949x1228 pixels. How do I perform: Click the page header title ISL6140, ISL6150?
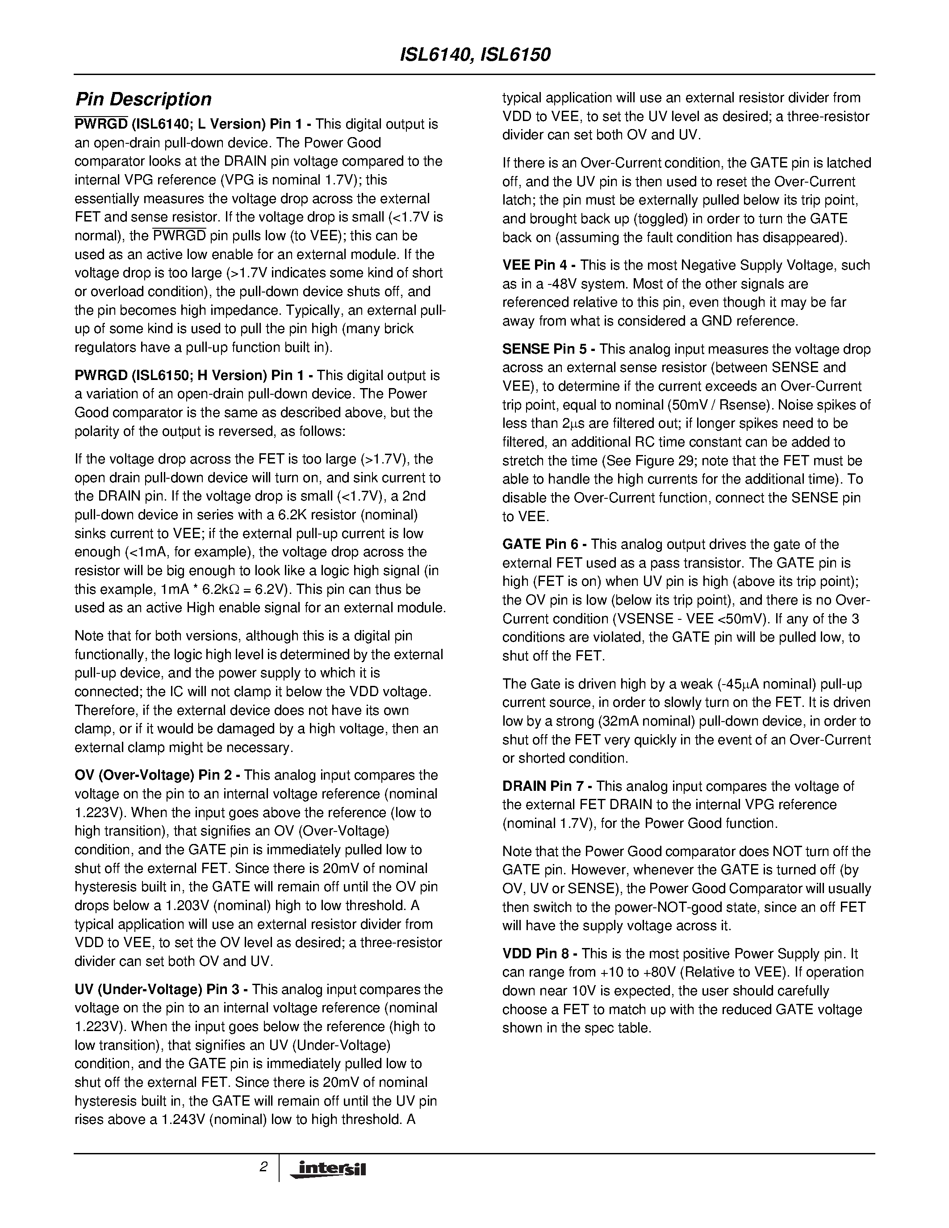click(x=474, y=54)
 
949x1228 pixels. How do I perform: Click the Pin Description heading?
click(x=143, y=100)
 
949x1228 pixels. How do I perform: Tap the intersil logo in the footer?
click(x=327, y=1169)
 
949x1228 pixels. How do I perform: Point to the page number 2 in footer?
click(x=263, y=1167)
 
